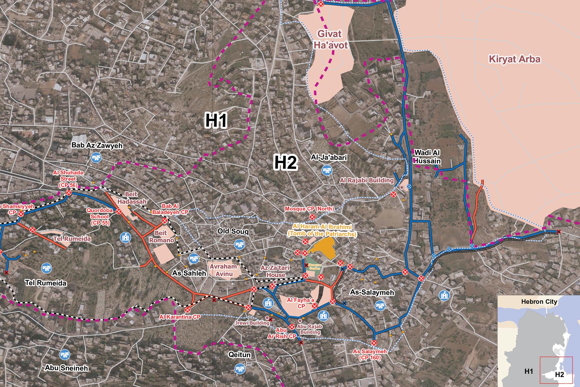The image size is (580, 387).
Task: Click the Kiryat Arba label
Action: [x=514, y=59]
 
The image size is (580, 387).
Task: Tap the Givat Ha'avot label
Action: [x=330, y=39]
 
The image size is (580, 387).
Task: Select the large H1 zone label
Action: [x=216, y=120]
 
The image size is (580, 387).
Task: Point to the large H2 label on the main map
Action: [x=286, y=162]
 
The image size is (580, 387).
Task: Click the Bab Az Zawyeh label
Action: [x=97, y=145]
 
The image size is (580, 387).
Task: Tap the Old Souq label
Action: [x=233, y=231]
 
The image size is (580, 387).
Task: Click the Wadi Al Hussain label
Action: [x=427, y=157]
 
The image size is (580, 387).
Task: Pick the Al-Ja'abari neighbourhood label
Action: [x=329, y=158]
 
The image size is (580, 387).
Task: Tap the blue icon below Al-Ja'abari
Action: [x=327, y=170]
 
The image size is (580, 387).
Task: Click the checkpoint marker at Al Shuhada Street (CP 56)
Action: [x=69, y=193]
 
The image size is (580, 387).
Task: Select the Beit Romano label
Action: [x=161, y=236]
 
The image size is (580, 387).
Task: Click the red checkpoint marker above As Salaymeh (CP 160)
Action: [x=374, y=343]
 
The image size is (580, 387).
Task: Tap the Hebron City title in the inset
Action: [x=539, y=302]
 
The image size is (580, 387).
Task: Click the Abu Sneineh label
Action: [x=66, y=368]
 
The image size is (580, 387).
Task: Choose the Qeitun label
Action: [x=240, y=355]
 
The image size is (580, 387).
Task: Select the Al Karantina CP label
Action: [x=180, y=317]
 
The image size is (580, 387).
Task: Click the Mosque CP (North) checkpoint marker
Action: [x=312, y=217]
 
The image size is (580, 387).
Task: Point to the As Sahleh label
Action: [x=189, y=273]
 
